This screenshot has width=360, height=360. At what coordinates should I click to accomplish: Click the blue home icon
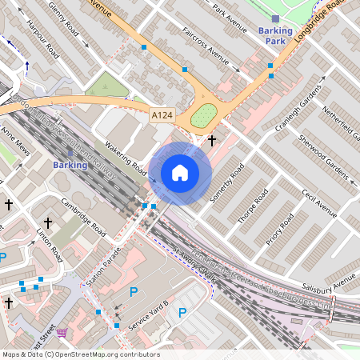click(180, 172)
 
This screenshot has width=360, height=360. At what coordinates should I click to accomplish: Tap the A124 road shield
click(162, 117)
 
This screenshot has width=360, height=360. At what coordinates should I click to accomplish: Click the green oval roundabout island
click(204, 115)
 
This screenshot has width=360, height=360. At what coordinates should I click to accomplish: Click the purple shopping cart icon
click(62, 332)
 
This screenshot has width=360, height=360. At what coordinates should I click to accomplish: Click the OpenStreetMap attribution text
click(80, 354)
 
